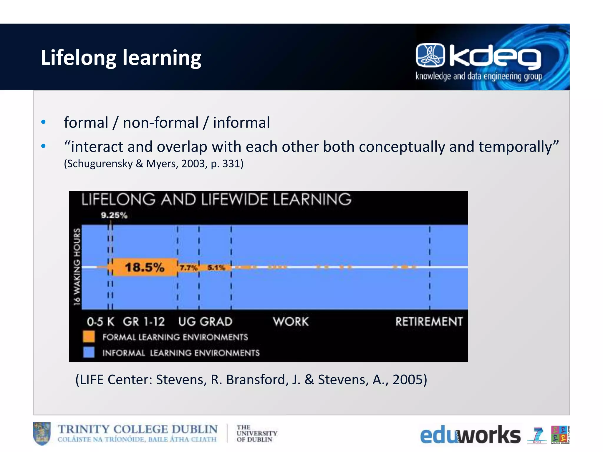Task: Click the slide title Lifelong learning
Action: (x=121, y=58)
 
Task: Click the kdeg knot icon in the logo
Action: (x=430, y=55)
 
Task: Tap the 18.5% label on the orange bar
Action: (x=144, y=267)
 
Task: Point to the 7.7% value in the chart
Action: (x=188, y=268)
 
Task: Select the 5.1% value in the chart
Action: (x=216, y=267)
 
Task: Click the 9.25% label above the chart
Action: (x=114, y=215)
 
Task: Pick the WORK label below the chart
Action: (x=291, y=321)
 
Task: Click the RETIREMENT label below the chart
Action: (x=429, y=321)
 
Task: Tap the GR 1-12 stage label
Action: (x=144, y=322)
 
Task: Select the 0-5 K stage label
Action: (x=100, y=322)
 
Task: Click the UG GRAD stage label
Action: (x=205, y=322)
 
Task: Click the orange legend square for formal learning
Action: (x=89, y=337)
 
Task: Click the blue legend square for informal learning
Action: (x=89, y=352)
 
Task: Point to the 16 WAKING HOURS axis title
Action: (x=77, y=267)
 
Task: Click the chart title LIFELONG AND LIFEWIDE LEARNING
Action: (x=216, y=200)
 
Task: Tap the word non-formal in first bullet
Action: (x=161, y=122)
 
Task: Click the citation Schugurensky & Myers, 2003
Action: (x=154, y=164)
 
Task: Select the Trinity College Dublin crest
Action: (x=42, y=433)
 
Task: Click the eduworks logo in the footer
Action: (x=470, y=435)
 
